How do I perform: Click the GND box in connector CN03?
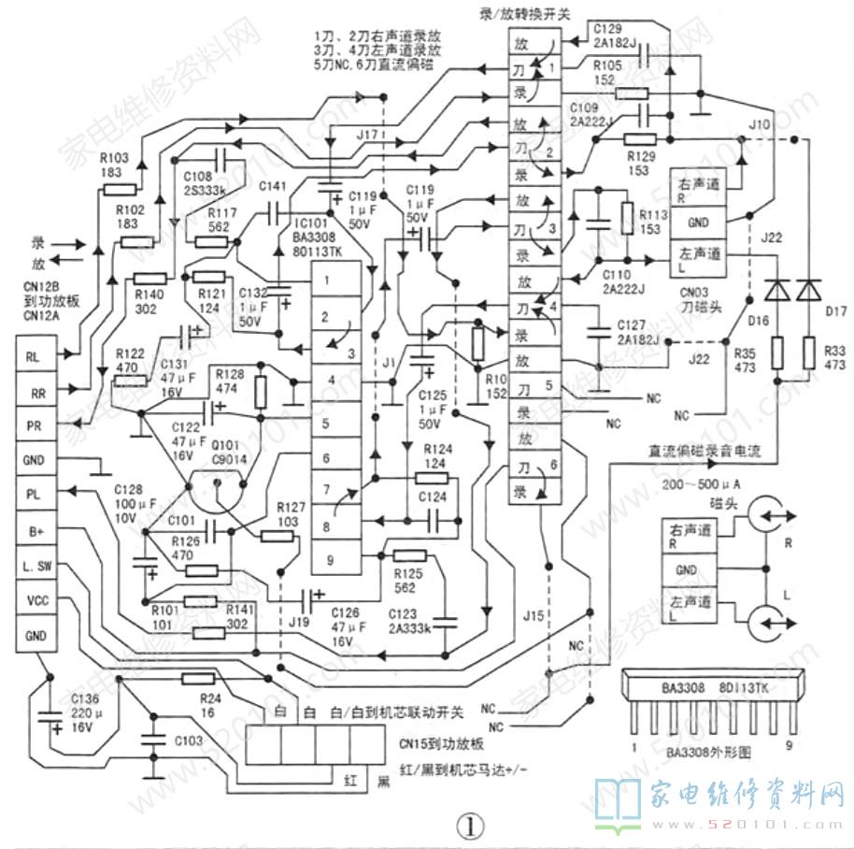pyautogui.click(x=697, y=222)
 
